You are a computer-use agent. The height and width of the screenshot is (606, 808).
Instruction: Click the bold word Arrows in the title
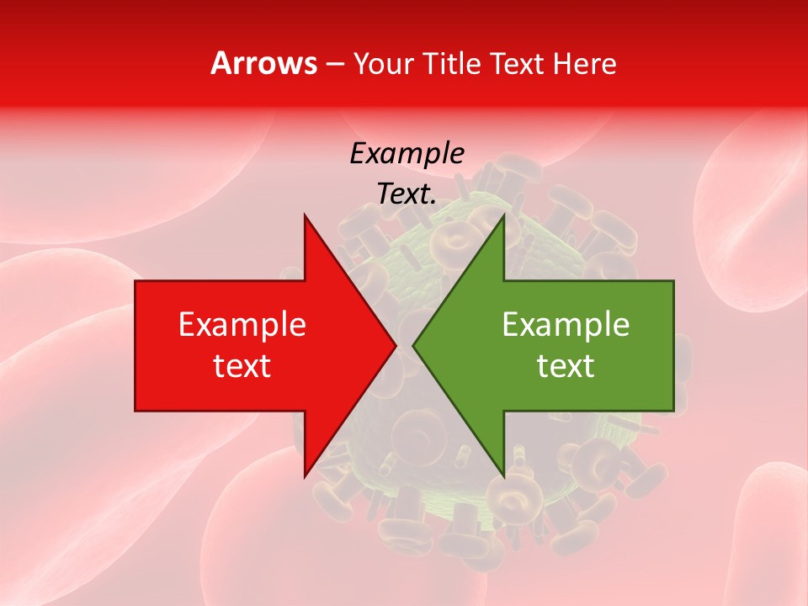[x=263, y=63]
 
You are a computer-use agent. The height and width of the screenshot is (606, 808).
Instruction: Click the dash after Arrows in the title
[x=334, y=64]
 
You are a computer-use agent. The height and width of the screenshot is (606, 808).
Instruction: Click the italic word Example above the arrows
[x=407, y=154]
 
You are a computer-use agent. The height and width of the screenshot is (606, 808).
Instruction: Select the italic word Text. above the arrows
[x=407, y=194]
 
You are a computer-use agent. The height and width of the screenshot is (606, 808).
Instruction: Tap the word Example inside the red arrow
[x=242, y=325]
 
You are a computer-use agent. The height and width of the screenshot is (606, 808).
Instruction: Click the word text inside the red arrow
[x=242, y=365]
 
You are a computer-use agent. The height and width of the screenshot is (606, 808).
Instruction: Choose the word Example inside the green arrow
[x=566, y=325]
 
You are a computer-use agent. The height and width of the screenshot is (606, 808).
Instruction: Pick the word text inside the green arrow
[x=566, y=365]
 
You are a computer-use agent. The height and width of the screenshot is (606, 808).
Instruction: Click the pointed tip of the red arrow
[x=396, y=345]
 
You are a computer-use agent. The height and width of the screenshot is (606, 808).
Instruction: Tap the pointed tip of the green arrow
[x=413, y=345]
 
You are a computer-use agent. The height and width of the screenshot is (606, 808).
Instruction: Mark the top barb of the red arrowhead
[x=305, y=215]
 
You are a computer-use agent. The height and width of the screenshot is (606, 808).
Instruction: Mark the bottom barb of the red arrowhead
[x=305, y=476]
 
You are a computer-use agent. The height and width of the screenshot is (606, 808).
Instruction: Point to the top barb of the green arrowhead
[x=503, y=215]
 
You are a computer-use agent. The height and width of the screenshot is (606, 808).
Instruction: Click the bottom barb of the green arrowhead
[x=503, y=476]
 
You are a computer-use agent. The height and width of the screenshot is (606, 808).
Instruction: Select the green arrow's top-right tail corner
[x=673, y=281]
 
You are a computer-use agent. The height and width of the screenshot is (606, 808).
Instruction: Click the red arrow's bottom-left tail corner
[x=136, y=411]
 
